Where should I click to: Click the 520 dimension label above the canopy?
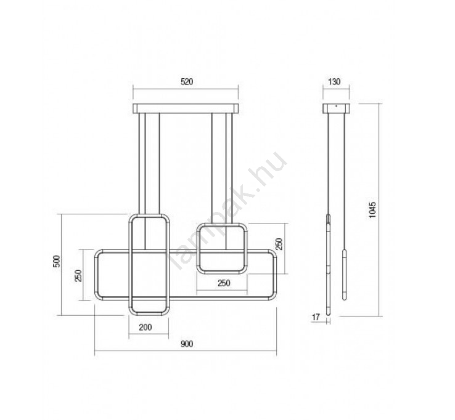pyautogui.click(x=187, y=82)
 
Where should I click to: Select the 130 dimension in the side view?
pyautogui.click(x=334, y=82)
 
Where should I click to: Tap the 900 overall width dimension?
pyautogui.click(x=187, y=344)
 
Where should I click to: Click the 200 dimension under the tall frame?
pyautogui.click(x=146, y=327)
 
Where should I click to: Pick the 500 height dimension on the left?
pyautogui.click(x=57, y=262)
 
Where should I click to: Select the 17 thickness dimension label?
pyautogui.click(x=316, y=317)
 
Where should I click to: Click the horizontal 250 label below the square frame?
pyautogui.click(x=224, y=283)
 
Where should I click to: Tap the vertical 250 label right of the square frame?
pyautogui.click(x=279, y=244)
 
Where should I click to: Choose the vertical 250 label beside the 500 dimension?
pyautogui.click(x=78, y=276)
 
